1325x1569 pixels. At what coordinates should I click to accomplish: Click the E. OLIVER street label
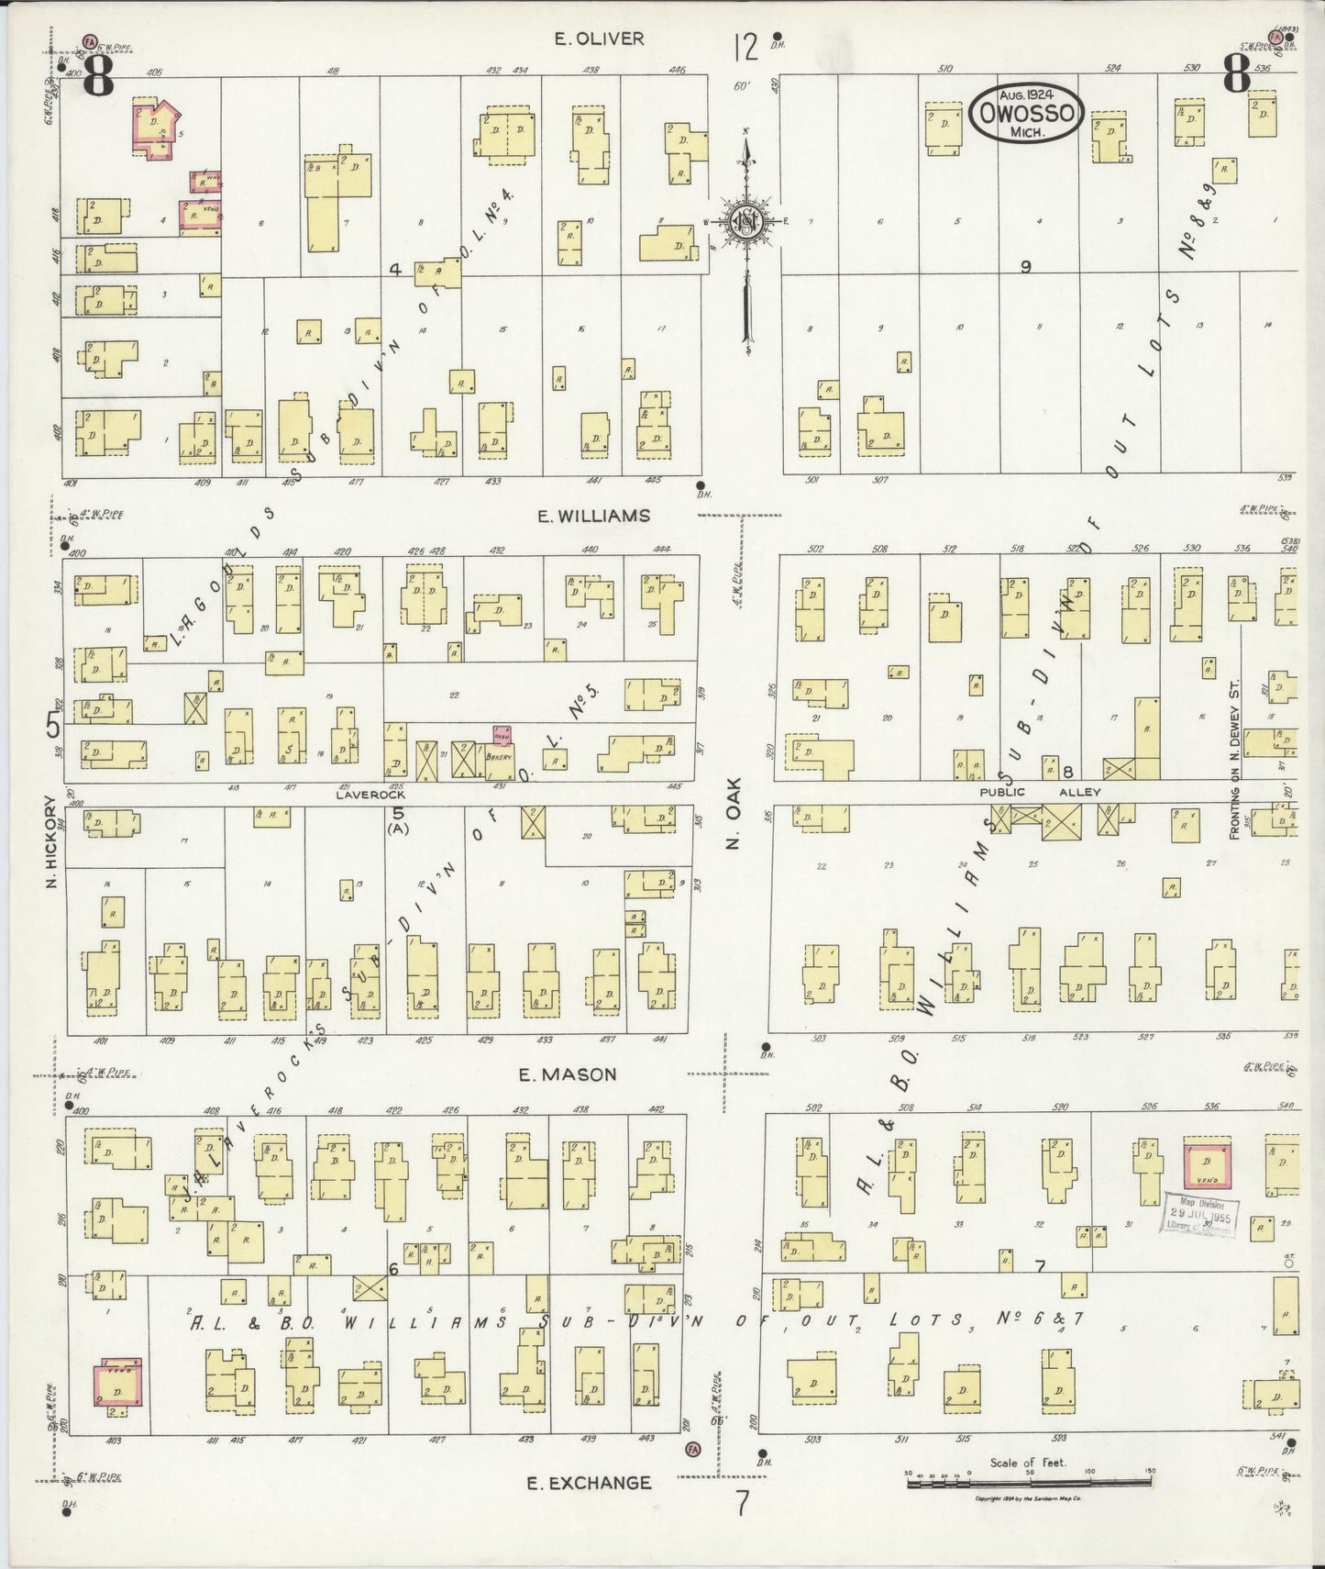pyautogui.click(x=600, y=39)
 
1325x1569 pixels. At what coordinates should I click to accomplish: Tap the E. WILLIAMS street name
pyautogui.click(x=593, y=516)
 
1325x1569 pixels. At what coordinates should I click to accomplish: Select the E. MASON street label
pyautogui.click(x=568, y=1074)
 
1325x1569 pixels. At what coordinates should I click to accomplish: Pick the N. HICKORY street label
pyautogui.click(x=52, y=841)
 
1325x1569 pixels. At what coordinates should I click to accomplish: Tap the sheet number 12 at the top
pyautogui.click(x=745, y=46)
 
